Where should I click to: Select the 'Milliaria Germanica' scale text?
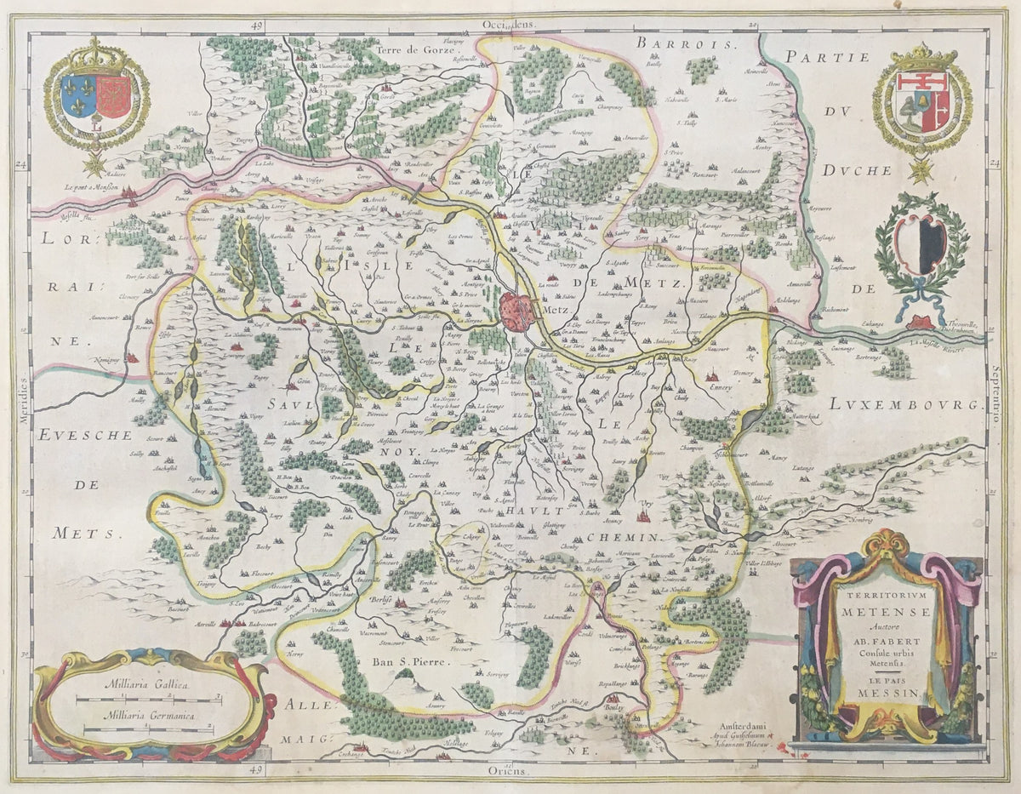pos(145,716)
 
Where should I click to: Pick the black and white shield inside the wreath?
pos(921,243)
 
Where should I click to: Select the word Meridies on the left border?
pos(23,396)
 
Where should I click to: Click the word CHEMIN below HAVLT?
pos(623,537)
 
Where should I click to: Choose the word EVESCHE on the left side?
pos(84,435)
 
